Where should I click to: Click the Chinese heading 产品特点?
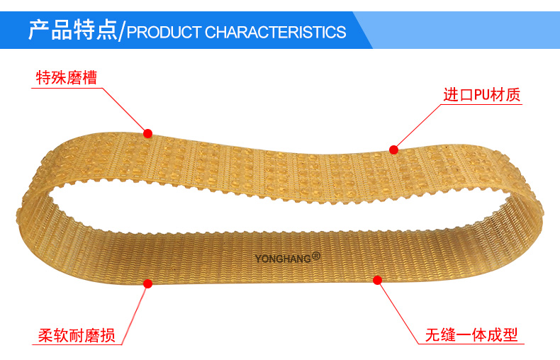click(73, 30)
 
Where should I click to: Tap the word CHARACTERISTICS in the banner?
click(275, 32)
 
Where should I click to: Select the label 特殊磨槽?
click(67, 77)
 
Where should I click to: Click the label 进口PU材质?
click(482, 95)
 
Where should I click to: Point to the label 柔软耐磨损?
click(77, 335)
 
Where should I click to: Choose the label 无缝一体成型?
click(471, 335)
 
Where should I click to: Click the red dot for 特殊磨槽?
click(148, 133)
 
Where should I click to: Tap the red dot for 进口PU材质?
click(393, 150)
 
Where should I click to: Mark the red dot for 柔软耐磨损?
click(148, 283)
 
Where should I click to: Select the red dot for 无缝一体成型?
click(378, 281)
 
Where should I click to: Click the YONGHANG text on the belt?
click(283, 259)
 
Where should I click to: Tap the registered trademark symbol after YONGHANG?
click(316, 256)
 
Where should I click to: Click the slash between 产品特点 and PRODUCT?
click(122, 31)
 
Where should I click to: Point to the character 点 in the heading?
click(107, 30)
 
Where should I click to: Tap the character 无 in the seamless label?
click(433, 335)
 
